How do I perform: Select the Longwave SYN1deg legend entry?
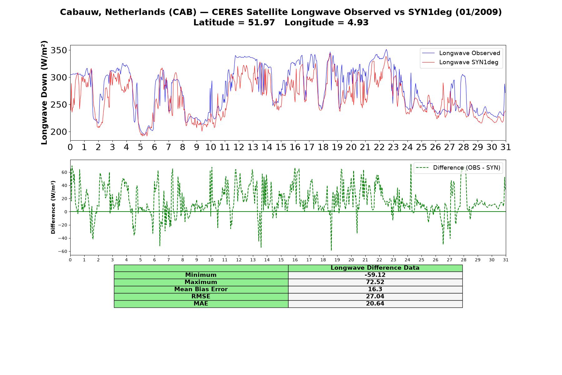pos(460,62)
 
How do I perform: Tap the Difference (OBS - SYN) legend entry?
pos(458,168)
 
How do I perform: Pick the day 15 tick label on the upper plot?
pos(281,147)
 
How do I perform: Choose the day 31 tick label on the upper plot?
pos(505,147)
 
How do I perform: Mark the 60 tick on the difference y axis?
pos(64,172)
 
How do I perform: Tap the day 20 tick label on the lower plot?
pos(351,260)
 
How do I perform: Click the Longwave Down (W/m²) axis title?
pos(44,92)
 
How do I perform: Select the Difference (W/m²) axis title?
pos(53,207)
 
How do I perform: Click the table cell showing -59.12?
pos(375,275)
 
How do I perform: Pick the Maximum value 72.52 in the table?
pos(375,282)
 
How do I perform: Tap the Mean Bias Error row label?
pos(201,289)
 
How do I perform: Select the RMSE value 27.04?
pos(375,297)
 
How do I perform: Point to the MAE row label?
pos(201,304)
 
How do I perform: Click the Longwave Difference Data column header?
pos(375,268)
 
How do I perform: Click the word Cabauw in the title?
pos(81,12)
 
